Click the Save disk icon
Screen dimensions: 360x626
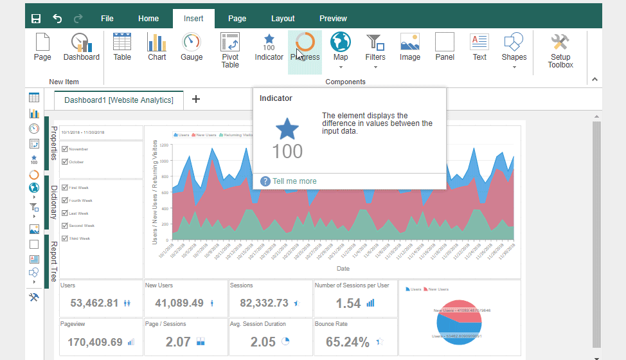point(36,19)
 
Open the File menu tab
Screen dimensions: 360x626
point(107,19)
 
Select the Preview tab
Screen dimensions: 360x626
point(333,19)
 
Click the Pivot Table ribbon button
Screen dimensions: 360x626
point(230,50)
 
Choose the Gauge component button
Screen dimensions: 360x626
point(192,47)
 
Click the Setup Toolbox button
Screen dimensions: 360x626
point(560,50)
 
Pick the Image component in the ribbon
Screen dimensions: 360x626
point(410,47)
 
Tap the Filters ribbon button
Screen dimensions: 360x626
point(375,47)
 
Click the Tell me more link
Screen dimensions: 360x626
point(294,181)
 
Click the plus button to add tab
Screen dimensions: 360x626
point(196,99)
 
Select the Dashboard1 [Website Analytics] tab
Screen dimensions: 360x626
point(119,100)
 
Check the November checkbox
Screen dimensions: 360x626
point(64,149)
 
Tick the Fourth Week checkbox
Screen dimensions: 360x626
point(64,201)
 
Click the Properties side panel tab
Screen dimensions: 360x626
point(54,143)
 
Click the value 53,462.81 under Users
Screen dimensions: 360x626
point(94,303)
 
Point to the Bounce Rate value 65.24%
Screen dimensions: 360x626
point(348,342)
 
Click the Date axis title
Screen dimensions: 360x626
point(343,268)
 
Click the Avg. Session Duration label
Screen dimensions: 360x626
point(258,324)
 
